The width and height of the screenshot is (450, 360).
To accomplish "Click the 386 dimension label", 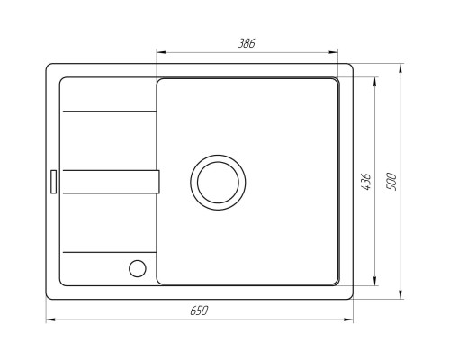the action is click(247, 43).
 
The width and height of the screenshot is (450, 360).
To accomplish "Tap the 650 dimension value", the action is click(199, 310).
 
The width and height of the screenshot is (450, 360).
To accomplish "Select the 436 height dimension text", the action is click(366, 182).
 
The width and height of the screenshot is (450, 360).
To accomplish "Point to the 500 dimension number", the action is click(391, 182).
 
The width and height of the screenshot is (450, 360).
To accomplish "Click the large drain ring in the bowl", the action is click(218, 156).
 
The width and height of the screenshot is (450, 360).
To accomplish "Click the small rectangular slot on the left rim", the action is click(53, 182).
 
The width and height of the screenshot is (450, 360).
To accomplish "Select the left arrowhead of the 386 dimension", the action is click(161, 52).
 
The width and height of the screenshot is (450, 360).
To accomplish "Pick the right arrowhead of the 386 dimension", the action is click(333, 52).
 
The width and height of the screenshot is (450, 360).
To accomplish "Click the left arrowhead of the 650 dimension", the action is click(50, 319).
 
